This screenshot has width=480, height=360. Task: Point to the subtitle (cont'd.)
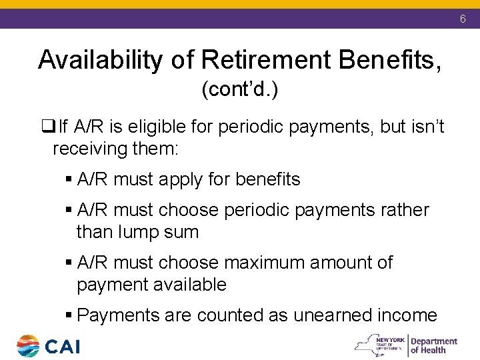click(239, 90)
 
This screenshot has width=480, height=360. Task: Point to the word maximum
click(263, 263)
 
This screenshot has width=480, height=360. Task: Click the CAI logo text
click(63, 346)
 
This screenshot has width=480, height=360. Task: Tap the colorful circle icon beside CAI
click(28, 346)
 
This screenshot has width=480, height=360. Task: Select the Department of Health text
click(433, 345)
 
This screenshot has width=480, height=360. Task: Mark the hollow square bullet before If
click(47, 127)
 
